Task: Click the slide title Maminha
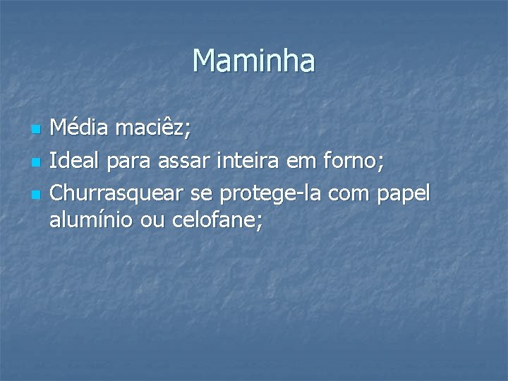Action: point(254,61)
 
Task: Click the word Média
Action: point(78,129)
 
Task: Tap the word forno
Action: point(356,162)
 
